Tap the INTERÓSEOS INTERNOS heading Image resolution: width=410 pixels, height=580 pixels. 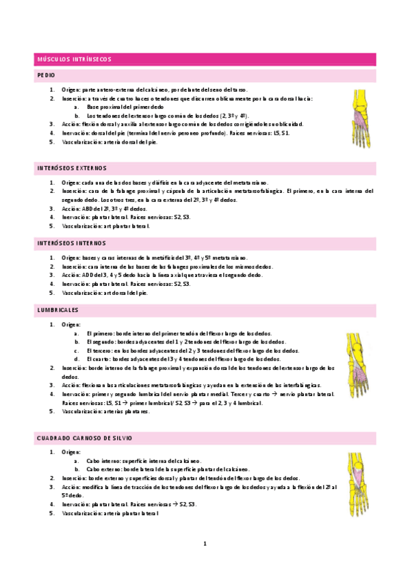71,243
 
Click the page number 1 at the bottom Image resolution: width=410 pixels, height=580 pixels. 205,544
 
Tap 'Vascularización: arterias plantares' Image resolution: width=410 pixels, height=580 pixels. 105,412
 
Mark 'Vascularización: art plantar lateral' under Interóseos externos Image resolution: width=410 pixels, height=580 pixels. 105,225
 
